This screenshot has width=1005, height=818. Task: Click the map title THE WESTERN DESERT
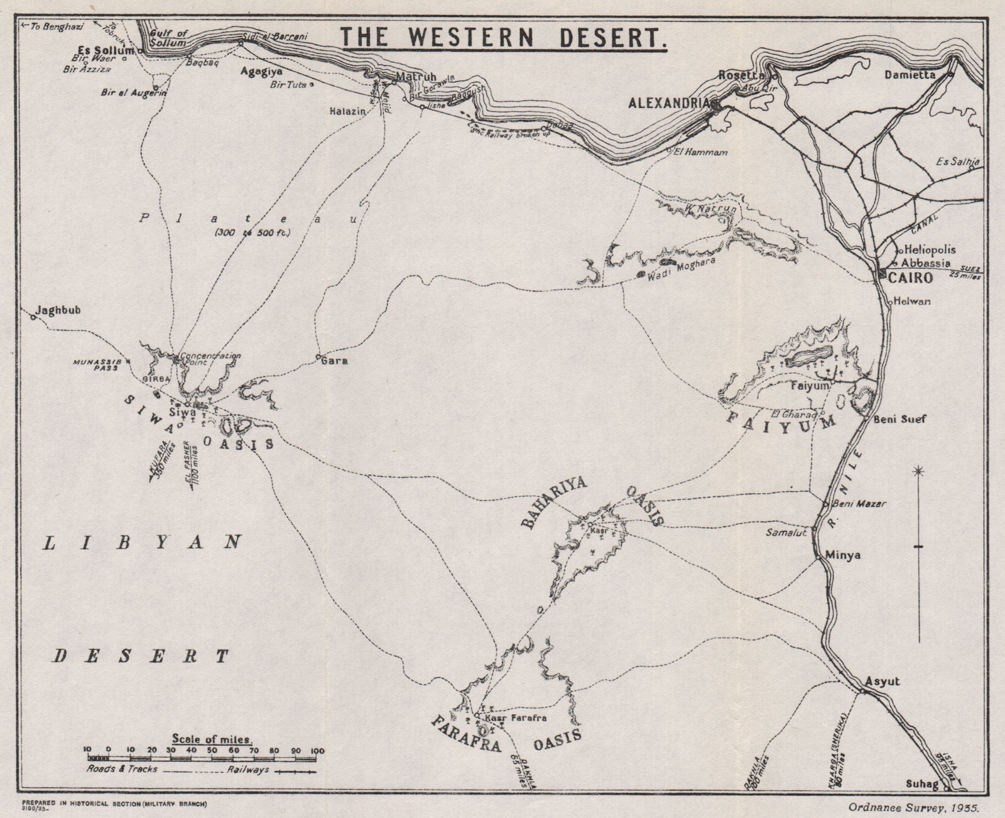coord(503,38)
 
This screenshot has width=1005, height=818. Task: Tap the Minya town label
coord(843,555)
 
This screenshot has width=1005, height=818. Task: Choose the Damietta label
coord(910,74)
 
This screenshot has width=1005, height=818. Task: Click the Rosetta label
coord(741,75)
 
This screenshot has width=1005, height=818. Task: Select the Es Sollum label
coord(106,50)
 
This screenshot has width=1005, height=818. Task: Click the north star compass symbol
coord(919,471)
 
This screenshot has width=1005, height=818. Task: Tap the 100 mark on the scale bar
coord(317,750)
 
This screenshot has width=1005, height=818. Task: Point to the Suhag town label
coord(921,784)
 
